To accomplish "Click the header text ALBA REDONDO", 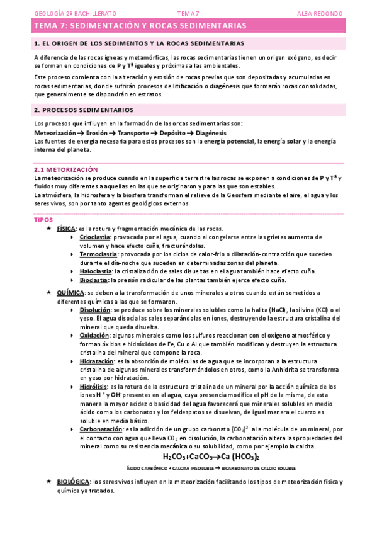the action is pos(320,13).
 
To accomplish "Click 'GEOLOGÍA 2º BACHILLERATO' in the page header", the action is pos(67,13).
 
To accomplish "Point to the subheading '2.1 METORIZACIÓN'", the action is pos(66,170).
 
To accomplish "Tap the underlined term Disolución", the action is pos(96,310).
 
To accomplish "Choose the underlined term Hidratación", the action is pos(97,361).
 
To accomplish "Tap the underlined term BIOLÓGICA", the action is pos(73,482).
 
